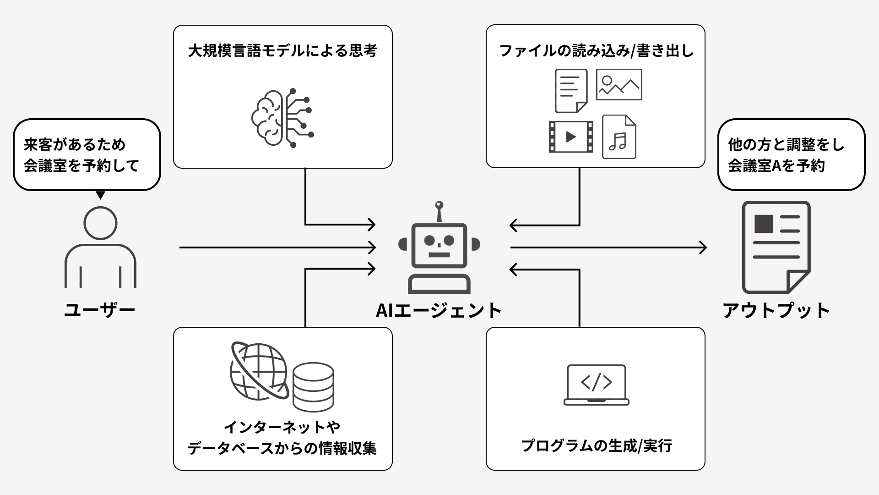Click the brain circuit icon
click(282, 118)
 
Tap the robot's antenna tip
click(439, 204)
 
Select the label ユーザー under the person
click(100, 310)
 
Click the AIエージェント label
click(439, 311)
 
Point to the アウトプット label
click(776, 311)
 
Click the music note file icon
click(619, 137)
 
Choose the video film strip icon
click(571, 137)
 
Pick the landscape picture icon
click(619, 84)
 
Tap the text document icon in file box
click(571, 91)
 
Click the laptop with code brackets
click(596, 385)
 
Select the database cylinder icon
click(313, 387)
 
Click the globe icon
click(259, 371)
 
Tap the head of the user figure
click(100, 223)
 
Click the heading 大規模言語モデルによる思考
click(282, 50)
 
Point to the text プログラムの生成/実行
click(597, 445)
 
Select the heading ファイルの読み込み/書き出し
click(597, 50)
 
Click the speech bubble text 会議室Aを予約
click(776, 165)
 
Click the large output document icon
click(776, 247)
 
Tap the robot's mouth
click(439, 255)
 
